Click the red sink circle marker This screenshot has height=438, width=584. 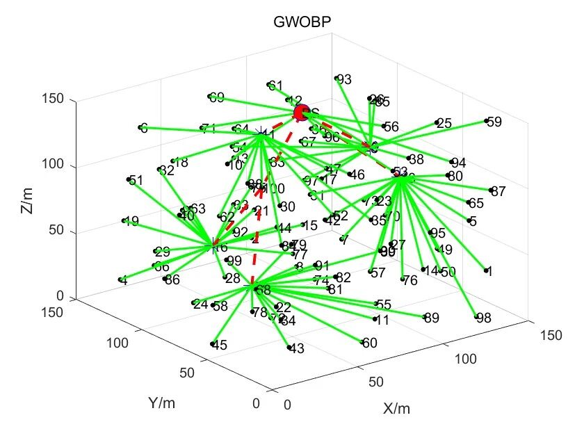pos(302,113)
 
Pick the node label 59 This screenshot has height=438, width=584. pos(494,122)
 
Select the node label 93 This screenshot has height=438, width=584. pos(344,80)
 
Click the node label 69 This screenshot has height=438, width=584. pos(217,98)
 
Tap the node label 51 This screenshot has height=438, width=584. pos(136,181)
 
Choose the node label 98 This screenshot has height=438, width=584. pos(484,318)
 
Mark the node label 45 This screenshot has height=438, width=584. pos(220,346)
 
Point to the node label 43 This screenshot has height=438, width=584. pos(296,349)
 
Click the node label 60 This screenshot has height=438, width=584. pos(370,343)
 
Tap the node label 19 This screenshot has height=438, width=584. pos(131,222)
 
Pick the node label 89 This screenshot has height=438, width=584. pos(432,318)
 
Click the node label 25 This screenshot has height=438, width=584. pos(444,124)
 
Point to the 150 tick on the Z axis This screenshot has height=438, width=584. pos(56,100)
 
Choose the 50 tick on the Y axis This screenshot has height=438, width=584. pos(186,373)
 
